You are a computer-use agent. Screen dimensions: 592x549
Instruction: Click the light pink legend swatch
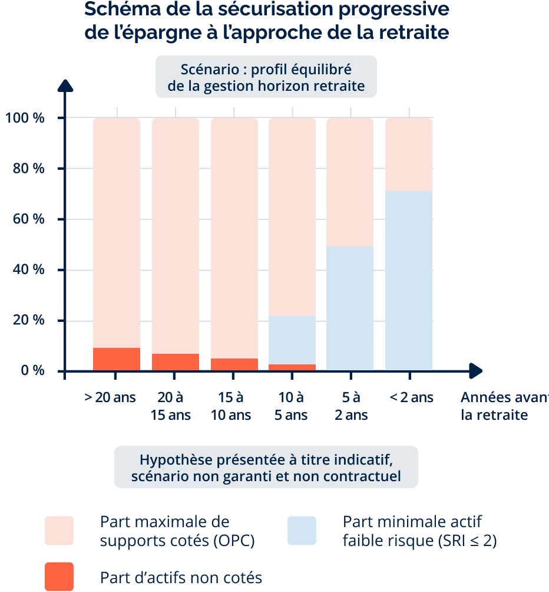tap(58, 530)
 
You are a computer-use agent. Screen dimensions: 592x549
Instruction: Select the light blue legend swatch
tap(304, 530)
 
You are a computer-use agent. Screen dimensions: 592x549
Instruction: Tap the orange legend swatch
tap(58, 576)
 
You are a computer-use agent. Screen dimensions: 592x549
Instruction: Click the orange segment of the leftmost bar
tap(117, 359)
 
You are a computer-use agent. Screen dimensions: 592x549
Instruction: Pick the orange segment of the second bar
tap(176, 362)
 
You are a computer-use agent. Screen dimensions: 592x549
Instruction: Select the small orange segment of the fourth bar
tap(292, 367)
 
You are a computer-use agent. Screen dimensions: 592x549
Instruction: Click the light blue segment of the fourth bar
tap(292, 340)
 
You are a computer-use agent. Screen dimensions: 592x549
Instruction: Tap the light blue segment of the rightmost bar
tap(409, 281)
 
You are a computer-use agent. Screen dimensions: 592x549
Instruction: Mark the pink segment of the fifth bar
tap(350, 182)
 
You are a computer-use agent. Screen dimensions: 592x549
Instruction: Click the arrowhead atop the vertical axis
tap(66, 87)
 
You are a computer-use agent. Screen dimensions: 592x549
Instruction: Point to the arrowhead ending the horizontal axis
tap(476, 371)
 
